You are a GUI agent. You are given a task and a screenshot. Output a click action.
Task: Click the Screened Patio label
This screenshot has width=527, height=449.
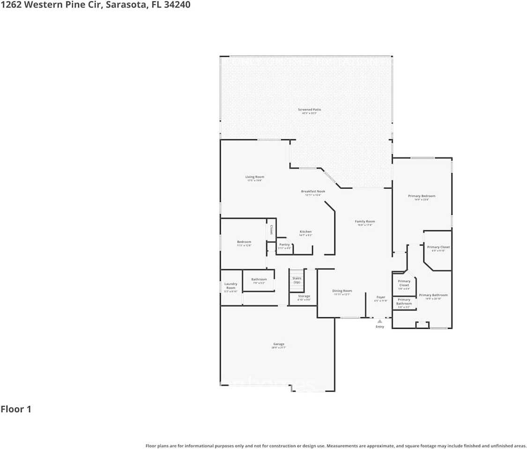[x=310, y=110]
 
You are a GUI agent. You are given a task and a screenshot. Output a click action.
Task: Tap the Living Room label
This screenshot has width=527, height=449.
[x=255, y=177]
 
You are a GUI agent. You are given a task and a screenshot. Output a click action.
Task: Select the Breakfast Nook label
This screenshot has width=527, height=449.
[x=313, y=191]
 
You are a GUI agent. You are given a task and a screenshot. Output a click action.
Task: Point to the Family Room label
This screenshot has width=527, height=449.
[x=365, y=221]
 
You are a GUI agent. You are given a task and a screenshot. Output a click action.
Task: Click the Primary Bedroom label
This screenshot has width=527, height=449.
[x=422, y=196]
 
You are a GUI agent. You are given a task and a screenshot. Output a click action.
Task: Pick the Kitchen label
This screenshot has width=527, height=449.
[x=306, y=232]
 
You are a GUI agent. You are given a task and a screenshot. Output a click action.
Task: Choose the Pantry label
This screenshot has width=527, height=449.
[x=285, y=244]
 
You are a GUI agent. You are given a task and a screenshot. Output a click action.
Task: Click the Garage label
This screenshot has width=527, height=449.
[x=279, y=344]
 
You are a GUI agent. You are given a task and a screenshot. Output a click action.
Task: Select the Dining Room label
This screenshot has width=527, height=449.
[x=342, y=291]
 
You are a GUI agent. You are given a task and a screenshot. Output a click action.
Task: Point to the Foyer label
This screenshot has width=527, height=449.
[x=381, y=297]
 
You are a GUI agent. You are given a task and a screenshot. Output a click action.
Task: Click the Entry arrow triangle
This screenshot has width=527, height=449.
[x=379, y=321]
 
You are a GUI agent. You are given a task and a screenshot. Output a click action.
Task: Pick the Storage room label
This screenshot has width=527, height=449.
[x=304, y=296]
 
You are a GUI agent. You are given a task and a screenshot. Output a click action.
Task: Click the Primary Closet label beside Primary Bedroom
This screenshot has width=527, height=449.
[x=438, y=247]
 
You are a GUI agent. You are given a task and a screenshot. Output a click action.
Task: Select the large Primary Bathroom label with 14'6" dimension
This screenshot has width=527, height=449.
[x=433, y=295]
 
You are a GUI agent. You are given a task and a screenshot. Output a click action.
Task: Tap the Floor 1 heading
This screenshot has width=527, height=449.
[x=16, y=409]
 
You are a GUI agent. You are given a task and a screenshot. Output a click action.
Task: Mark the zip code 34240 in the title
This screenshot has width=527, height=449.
[x=175, y=5]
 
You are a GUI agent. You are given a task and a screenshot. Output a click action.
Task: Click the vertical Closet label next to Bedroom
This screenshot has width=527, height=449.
[x=271, y=230]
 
